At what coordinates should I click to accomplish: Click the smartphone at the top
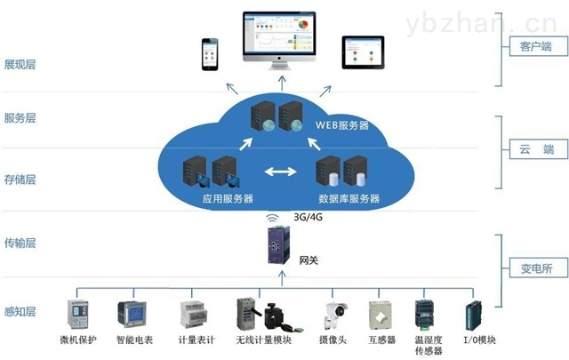[211, 54]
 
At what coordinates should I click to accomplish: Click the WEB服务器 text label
[341, 125]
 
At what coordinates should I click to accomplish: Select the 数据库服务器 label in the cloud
[349, 198]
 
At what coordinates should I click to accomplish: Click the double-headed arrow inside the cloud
[277, 170]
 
